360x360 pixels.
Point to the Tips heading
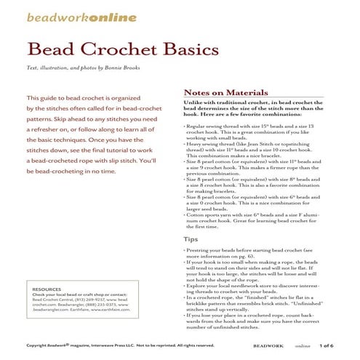(191, 239)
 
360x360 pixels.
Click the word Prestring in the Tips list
(199, 250)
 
